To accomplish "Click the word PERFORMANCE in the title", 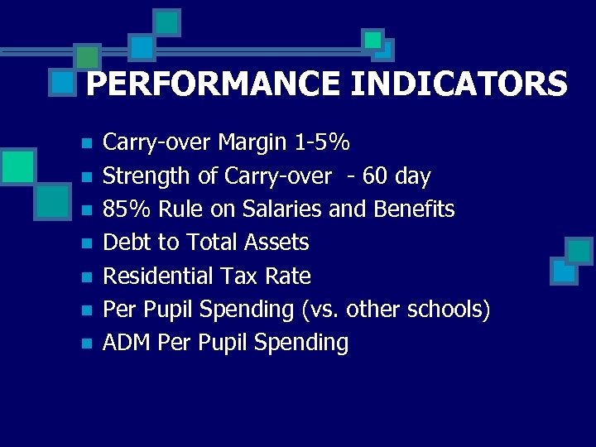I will [210, 84].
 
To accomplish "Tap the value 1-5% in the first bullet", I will [322, 143].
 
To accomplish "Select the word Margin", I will [253, 143].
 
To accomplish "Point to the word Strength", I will [142, 176].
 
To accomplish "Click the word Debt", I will [125, 243].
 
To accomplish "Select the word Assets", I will [277, 243].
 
